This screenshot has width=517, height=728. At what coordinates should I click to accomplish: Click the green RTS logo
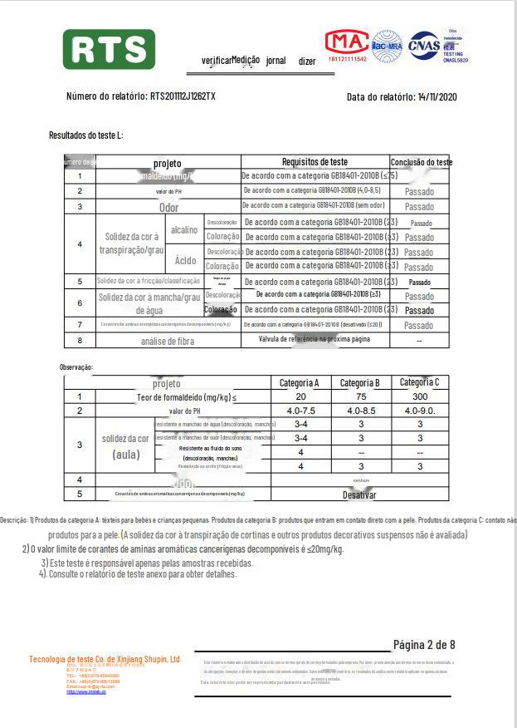point(109,50)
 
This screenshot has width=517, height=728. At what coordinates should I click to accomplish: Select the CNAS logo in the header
point(423,43)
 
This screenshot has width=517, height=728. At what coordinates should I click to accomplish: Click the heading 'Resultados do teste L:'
point(85,135)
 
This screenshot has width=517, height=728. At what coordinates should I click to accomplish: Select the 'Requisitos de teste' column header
point(315,162)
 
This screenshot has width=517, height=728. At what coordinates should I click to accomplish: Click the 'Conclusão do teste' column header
point(421,162)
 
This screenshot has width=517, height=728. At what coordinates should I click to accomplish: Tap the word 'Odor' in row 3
point(168,208)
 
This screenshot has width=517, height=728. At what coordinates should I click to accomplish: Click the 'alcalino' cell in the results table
point(184,229)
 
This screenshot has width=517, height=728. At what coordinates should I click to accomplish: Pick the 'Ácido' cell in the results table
point(186,260)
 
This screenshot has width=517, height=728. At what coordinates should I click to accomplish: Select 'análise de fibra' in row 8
point(168,341)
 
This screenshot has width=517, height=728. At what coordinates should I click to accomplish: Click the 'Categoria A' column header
point(300,383)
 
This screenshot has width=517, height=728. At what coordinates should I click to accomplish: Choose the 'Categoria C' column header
point(419,382)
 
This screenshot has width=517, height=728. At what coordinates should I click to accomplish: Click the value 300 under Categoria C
point(419,397)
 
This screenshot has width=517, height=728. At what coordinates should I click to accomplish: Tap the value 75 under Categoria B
point(359,397)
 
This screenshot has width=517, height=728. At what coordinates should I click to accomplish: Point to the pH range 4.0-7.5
point(300,411)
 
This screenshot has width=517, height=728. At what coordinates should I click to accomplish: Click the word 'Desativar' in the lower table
point(359,494)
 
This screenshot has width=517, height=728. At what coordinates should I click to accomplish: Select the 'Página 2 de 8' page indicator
point(423,645)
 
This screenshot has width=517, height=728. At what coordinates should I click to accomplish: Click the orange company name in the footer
point(105,659)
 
